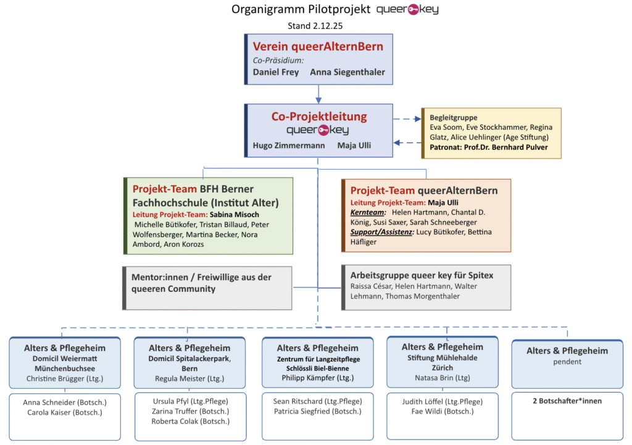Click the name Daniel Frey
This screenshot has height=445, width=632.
coord(276,72)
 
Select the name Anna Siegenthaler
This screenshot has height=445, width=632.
coord(347,72)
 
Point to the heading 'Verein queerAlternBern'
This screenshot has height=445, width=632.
coord(318,46)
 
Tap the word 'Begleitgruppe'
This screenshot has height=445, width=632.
coord(454,117)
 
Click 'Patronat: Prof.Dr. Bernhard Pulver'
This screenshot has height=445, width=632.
coord(488,147)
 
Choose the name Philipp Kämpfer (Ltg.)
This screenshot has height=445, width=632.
coord(318,377)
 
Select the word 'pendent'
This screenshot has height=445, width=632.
coord(567,362)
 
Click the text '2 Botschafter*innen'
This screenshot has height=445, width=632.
coord(567,401)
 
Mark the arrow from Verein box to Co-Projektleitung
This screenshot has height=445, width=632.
coord(318,94)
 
